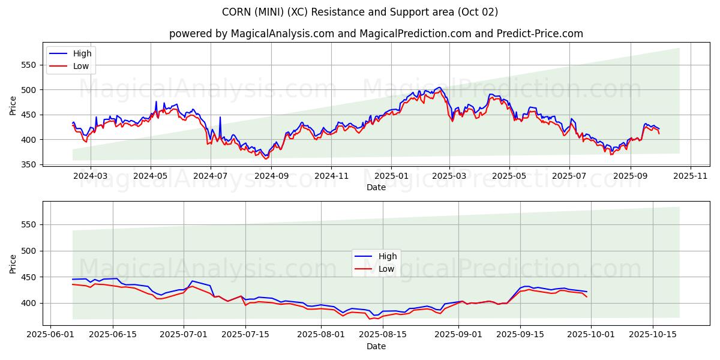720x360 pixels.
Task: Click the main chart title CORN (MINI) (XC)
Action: tap(360, 12)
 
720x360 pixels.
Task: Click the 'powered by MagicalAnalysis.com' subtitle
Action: tap(376, 34)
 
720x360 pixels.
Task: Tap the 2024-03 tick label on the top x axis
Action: tap(91, 176)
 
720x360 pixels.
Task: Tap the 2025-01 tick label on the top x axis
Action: tap(391, 176)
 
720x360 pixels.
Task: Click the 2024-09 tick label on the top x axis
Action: tap(271, 176)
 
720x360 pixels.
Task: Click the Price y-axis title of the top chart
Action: tap(13, 106)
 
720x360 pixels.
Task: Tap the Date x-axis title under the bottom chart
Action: tap(376, 346)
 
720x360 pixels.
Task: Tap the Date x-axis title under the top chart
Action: tap(376, 187)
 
